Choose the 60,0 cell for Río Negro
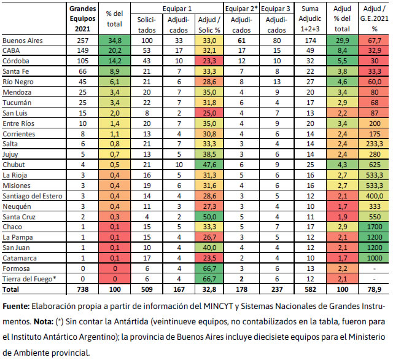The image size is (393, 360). click(373, 80)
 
